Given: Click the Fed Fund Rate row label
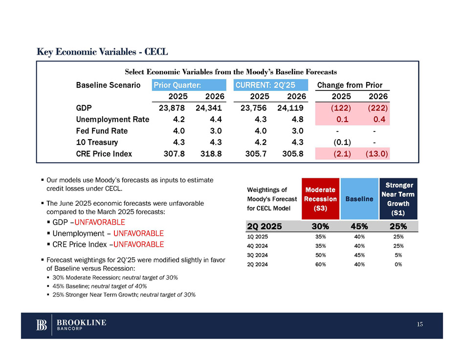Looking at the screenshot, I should tap(102, 130).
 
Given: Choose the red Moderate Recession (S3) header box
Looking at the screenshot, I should tap(320, 199).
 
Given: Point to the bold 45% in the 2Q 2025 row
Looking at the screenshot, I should tap(360, 226).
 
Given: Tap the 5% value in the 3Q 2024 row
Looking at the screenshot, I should tap(398, 254).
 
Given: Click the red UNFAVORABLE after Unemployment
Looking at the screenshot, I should tap(138, 233).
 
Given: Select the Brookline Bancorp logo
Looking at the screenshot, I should tap(71, 325).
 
